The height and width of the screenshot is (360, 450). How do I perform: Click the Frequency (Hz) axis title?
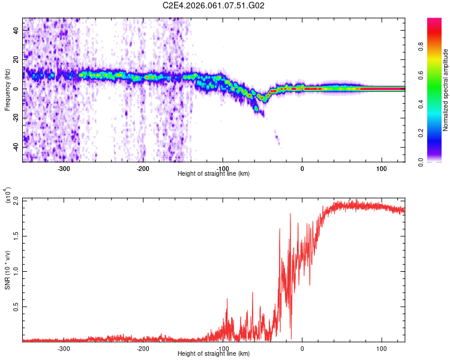coord(8,89)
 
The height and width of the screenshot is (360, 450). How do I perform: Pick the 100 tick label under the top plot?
coord(381,169)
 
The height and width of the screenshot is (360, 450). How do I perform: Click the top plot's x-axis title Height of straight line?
coord(214,174)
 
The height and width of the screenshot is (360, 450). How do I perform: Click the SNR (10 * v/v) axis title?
coord(8,270)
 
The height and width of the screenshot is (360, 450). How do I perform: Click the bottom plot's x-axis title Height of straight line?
coord(214,354)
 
